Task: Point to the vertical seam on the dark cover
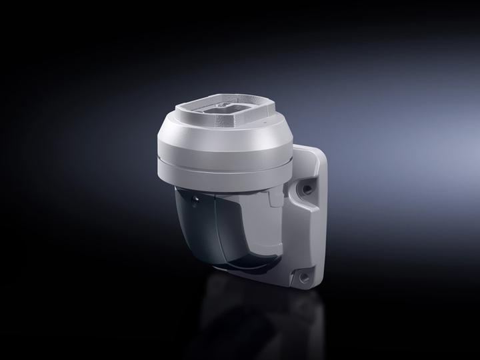point(215,230)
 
